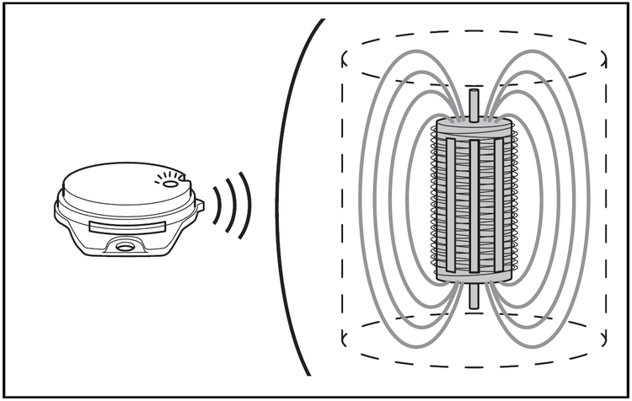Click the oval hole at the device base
tap(126, 247)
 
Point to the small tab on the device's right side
tap(200, 205)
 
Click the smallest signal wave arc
tap(216, 206)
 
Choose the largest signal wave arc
tap(245, 205)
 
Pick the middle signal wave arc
tap(231, 205)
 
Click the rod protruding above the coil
tap(474, 104)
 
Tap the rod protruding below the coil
tap(474, 296)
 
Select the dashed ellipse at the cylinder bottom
tap(474, 364)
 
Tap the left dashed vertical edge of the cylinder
tap(342, 202)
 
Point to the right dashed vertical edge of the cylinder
tap(605, 202)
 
